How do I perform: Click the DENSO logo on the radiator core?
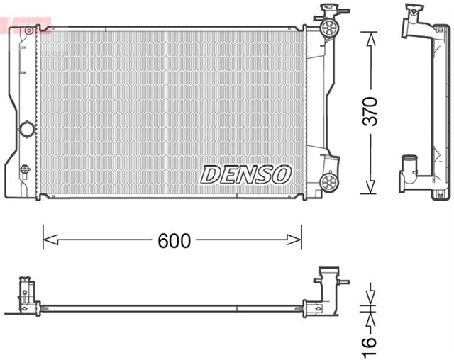coord(246,174)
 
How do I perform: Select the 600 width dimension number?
coord(174,241)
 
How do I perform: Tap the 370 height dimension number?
coord(370,111)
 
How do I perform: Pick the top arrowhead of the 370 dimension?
coord(370,35)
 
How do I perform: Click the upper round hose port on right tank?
coord(328,28)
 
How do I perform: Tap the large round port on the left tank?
coord(27,130)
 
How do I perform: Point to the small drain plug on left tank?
coord(26,169)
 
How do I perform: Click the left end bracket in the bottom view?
coord(28,296)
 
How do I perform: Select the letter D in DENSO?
coord(211,174)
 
